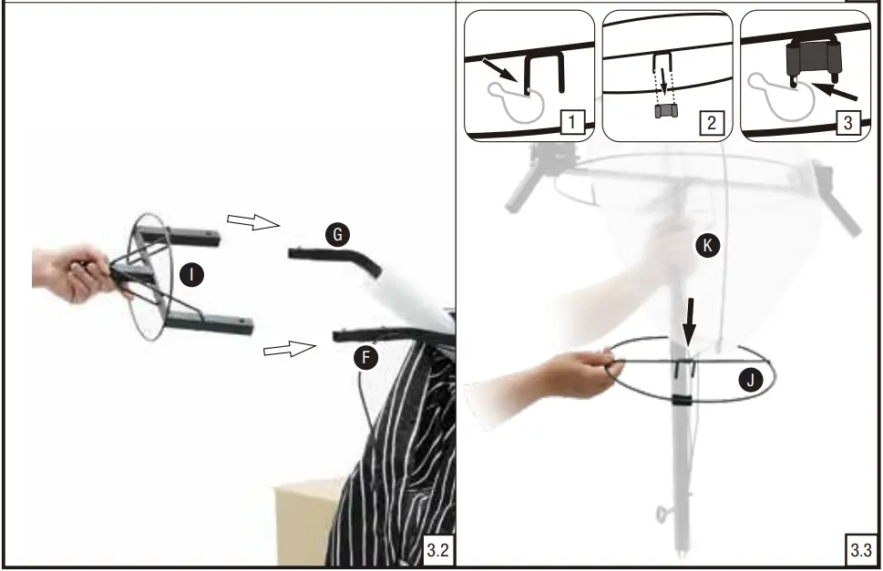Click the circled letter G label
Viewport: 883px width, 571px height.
[337, 234]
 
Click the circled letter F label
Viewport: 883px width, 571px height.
[366, 358]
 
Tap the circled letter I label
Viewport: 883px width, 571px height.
[191, 275]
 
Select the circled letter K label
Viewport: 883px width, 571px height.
[708, 245]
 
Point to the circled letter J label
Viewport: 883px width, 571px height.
[751, 381]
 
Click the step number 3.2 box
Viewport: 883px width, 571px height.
[438, 549]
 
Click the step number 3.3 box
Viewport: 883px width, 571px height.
[861, 549]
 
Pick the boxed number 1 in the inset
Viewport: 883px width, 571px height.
[572, 122]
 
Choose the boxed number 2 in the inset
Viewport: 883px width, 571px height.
[712, 122]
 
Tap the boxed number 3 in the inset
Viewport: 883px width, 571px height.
[848, 122]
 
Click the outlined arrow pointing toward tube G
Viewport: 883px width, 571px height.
[253, 221]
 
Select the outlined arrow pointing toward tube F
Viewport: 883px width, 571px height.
[290, 349]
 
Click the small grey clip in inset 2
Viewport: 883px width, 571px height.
[666, 111]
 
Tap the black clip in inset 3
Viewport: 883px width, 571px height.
[813, 59]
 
